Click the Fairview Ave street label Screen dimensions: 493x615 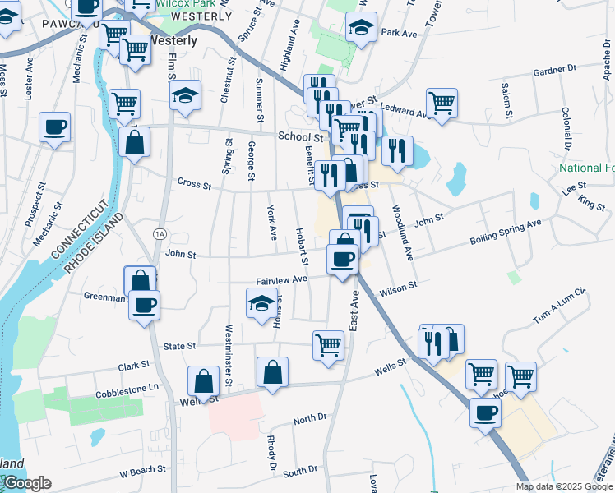click(280, 279)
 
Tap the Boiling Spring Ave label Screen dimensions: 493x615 click(506, 231)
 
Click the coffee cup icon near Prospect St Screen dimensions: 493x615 click(55, 127)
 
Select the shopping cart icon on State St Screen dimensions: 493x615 click(328, 344)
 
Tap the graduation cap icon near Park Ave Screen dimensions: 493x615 click(361, 28)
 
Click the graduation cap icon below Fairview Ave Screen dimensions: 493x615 click(261, 303)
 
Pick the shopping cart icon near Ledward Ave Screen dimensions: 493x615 click(442, 103)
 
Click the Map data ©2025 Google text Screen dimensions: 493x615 click(563, 486)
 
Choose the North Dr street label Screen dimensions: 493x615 click(310, 418)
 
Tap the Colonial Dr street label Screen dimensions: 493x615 click(566, 124)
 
